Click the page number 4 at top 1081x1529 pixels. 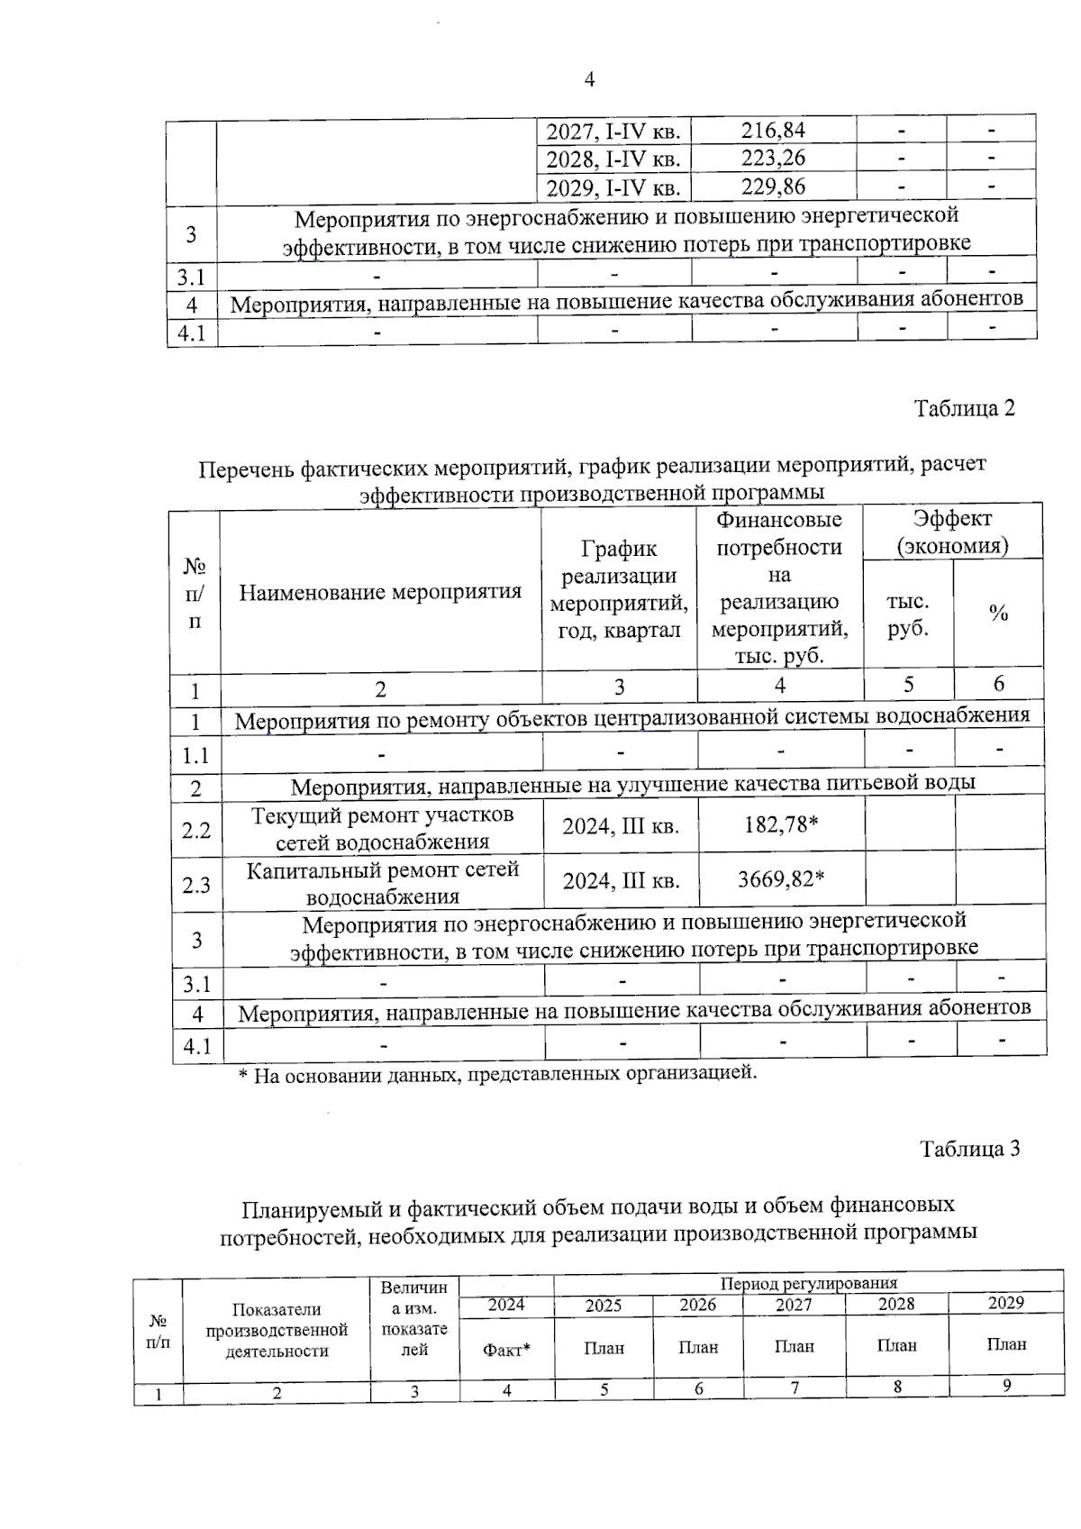pos(589,80)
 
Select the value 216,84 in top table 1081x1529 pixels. pos(773,131)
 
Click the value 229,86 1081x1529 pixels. pos(773,187)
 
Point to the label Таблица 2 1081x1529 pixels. pos(964,408)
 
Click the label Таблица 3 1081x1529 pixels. pos(969,1149)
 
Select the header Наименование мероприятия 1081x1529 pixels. pos(380,592)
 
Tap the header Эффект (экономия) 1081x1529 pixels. pos(952,532)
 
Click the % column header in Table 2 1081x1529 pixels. pos(998,614)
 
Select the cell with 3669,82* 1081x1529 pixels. pos(781,878)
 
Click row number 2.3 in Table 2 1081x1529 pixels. pos(196,885)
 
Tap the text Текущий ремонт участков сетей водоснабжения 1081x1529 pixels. pos(382,828)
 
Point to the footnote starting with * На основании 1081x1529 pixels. pos(497,1074)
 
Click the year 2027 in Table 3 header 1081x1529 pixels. pos(793,1305)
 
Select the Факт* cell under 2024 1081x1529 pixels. pos(506,1349)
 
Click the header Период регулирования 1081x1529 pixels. pos(808,1283)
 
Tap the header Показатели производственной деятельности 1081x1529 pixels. pos(277,1330)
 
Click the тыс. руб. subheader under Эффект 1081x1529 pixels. pos(907,615)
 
